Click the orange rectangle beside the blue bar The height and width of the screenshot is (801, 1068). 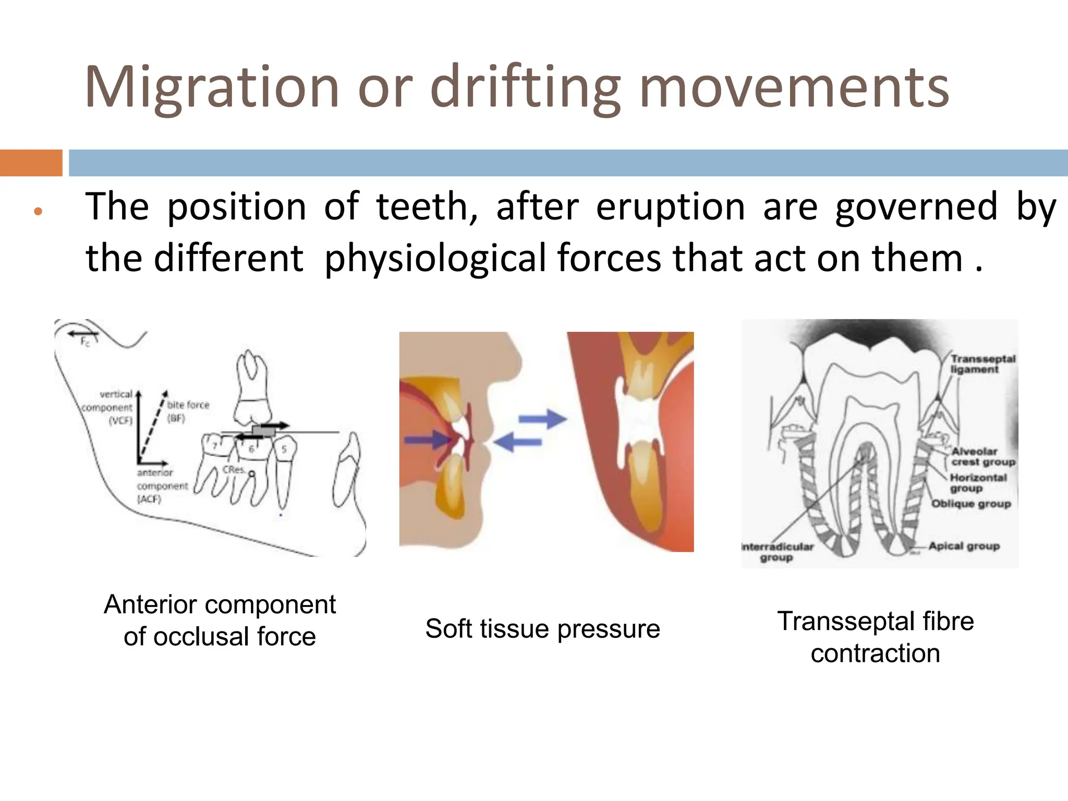31,163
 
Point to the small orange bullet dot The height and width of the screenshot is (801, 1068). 37,212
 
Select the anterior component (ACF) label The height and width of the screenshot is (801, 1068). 161,486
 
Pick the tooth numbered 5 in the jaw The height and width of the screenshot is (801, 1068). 284,449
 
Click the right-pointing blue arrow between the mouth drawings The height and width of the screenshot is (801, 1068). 543,419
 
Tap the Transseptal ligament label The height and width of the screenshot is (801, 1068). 982,364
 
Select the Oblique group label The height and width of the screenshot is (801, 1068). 971,504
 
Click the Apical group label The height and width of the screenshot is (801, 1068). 964,546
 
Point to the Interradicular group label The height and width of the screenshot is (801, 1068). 777,552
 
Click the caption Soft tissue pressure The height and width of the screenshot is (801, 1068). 542,628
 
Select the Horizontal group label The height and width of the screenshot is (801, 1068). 977,483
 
